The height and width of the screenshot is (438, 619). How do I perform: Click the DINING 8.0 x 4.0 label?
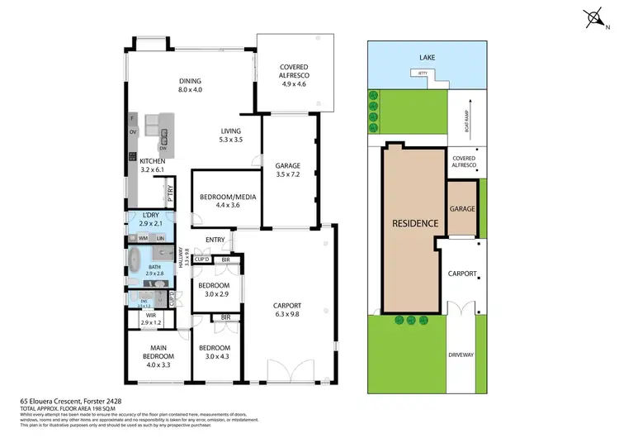pyautogui.click(x=190, y=85)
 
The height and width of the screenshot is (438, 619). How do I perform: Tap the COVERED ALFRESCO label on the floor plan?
pyautogui.click(x=294, y=75)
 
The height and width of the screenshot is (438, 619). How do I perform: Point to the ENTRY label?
pyautogui.click(x=215, y=240)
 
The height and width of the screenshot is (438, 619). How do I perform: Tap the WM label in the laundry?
pyautogui.click(x=143, y=238)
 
